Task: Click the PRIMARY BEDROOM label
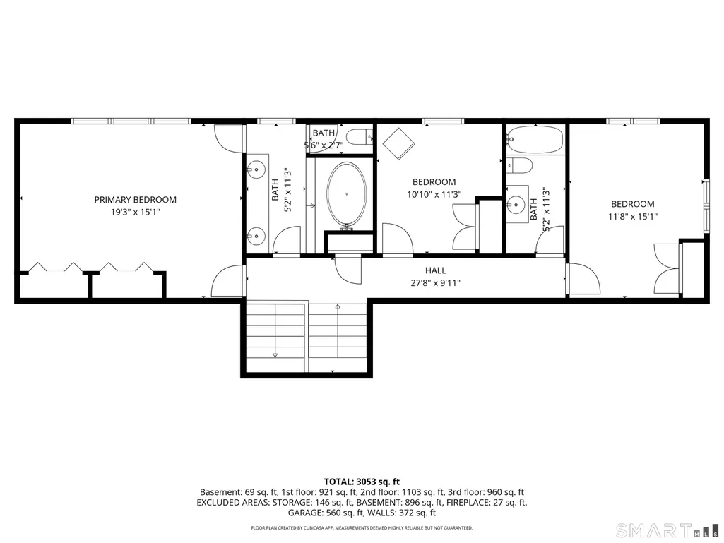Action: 136,199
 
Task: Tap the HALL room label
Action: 435,270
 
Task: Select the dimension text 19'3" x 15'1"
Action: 136,213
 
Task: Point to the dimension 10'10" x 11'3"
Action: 434,194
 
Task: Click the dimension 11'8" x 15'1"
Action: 633,216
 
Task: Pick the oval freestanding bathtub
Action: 346,194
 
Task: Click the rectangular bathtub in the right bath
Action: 535,139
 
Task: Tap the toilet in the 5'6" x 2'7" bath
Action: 360,137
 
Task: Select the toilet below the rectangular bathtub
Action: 519,165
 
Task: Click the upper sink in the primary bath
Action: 256,170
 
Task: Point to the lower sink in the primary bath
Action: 256,237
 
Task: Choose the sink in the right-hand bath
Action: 516,203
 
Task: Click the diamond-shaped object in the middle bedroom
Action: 398,143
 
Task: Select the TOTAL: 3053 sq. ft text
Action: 362,482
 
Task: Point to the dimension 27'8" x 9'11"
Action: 435,283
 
